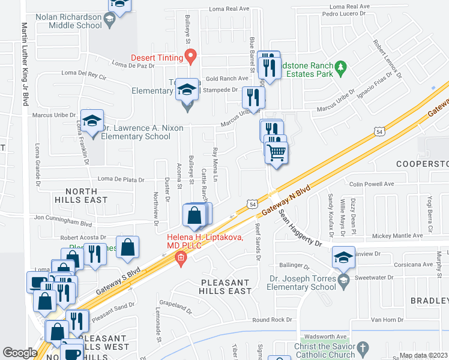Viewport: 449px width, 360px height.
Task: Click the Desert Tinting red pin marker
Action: tap(191, 56)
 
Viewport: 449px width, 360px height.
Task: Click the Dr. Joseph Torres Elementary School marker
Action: tap(343, 280)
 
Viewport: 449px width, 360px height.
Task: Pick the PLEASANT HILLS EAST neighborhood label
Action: tap(226, 287)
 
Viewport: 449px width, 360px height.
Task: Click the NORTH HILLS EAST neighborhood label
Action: tap(81, 194)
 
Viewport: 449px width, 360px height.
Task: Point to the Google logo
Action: tap(20, 353)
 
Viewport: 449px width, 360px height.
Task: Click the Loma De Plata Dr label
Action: tap(121, 179)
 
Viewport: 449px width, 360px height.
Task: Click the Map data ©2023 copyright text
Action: tap(424, 355)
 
